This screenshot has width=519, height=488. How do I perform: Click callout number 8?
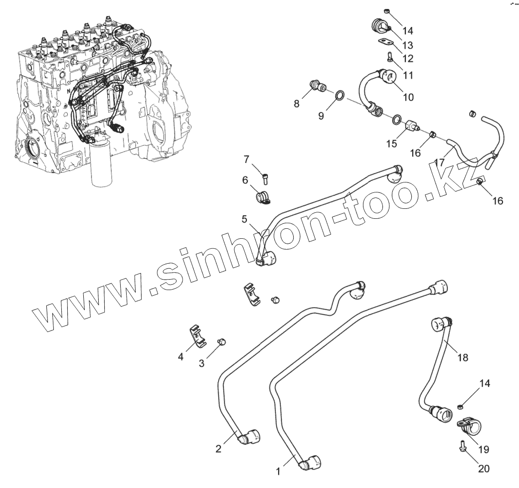pos(297,104)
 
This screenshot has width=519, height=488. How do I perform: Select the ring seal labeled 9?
pos(340,95)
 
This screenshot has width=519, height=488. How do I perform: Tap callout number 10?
pos(408,97)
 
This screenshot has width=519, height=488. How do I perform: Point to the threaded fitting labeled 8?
pos(317,86)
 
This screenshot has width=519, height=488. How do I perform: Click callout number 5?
pos(245,219)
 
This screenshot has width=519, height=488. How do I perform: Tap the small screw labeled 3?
pos(222,341)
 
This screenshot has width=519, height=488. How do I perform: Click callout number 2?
pos(218,449)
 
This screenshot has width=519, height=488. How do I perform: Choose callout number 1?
pos(279,470)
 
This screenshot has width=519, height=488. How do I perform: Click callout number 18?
pos(463,357)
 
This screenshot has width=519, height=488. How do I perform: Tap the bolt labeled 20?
pos(462,445)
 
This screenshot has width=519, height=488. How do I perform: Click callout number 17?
pos(439,163)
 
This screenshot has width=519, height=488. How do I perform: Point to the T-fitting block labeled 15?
pos(412,124)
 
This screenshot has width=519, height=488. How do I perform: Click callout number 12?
pos(408,58)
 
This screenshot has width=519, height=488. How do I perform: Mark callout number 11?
pos(408,76)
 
